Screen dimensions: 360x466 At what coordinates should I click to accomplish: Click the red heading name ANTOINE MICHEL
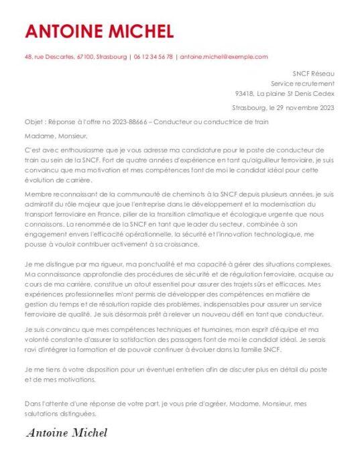point(99,31)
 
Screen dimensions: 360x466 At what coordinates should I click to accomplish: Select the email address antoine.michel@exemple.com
point(224,57)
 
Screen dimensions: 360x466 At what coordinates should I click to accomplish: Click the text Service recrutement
point(302,83)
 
